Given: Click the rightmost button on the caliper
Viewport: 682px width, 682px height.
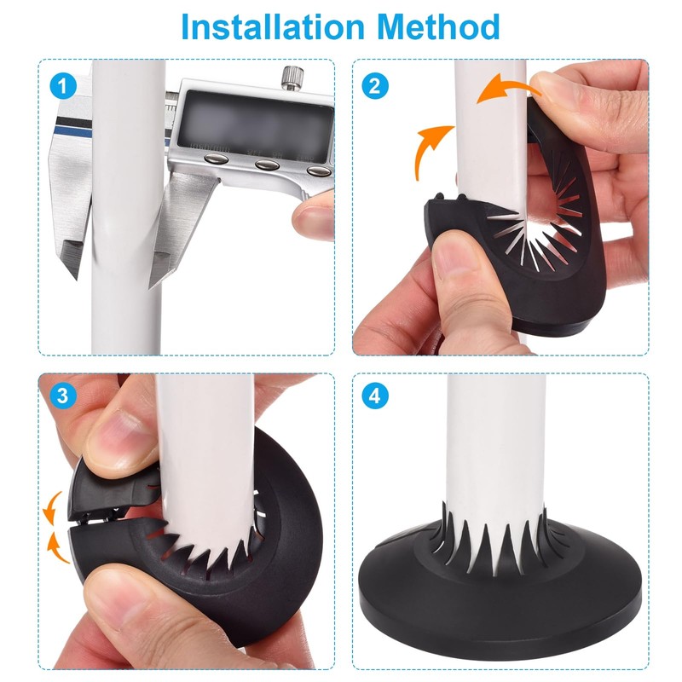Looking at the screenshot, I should pyautogui.click(x=318, y=170).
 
